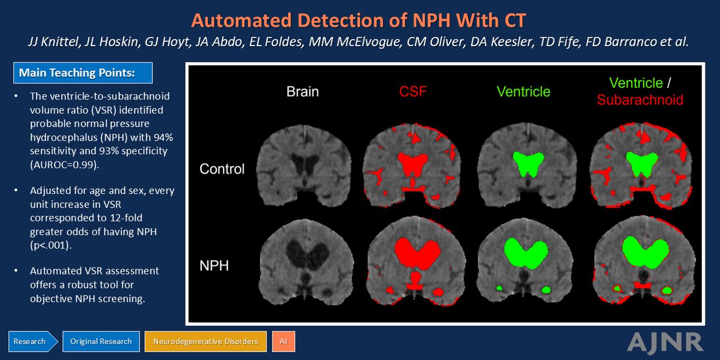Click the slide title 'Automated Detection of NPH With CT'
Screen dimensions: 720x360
click(x=358, y=20)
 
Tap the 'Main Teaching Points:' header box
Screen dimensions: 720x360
click(x=83, y=73)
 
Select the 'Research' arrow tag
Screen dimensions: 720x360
click(x=33, y=341)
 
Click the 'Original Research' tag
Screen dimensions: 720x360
click(x=101, y=341)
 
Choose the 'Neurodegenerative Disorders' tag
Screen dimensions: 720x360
click(x=205, y=341)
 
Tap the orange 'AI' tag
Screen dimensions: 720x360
click(x=283, y=341)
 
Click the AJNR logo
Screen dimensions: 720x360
click(x=665, y=343)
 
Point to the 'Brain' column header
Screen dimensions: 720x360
click(x=303, y=92)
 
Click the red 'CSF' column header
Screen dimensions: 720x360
click(x=413, y=92)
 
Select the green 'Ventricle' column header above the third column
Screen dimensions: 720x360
click(x=523, y=92)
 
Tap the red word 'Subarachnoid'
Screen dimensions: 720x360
click(x=640, y=100)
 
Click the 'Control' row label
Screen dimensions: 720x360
click(x=222, y=169)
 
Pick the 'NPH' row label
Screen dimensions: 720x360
click(x=214, y=266)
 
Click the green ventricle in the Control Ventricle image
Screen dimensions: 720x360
click(x=528, y=163)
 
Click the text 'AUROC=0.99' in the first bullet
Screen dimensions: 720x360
click(x=64, y=165)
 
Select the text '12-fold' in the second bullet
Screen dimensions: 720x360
click(x=126, y=218)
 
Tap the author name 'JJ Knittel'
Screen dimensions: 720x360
click(x=53, y=42)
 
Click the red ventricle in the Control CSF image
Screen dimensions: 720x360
click(x=413, y=163)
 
